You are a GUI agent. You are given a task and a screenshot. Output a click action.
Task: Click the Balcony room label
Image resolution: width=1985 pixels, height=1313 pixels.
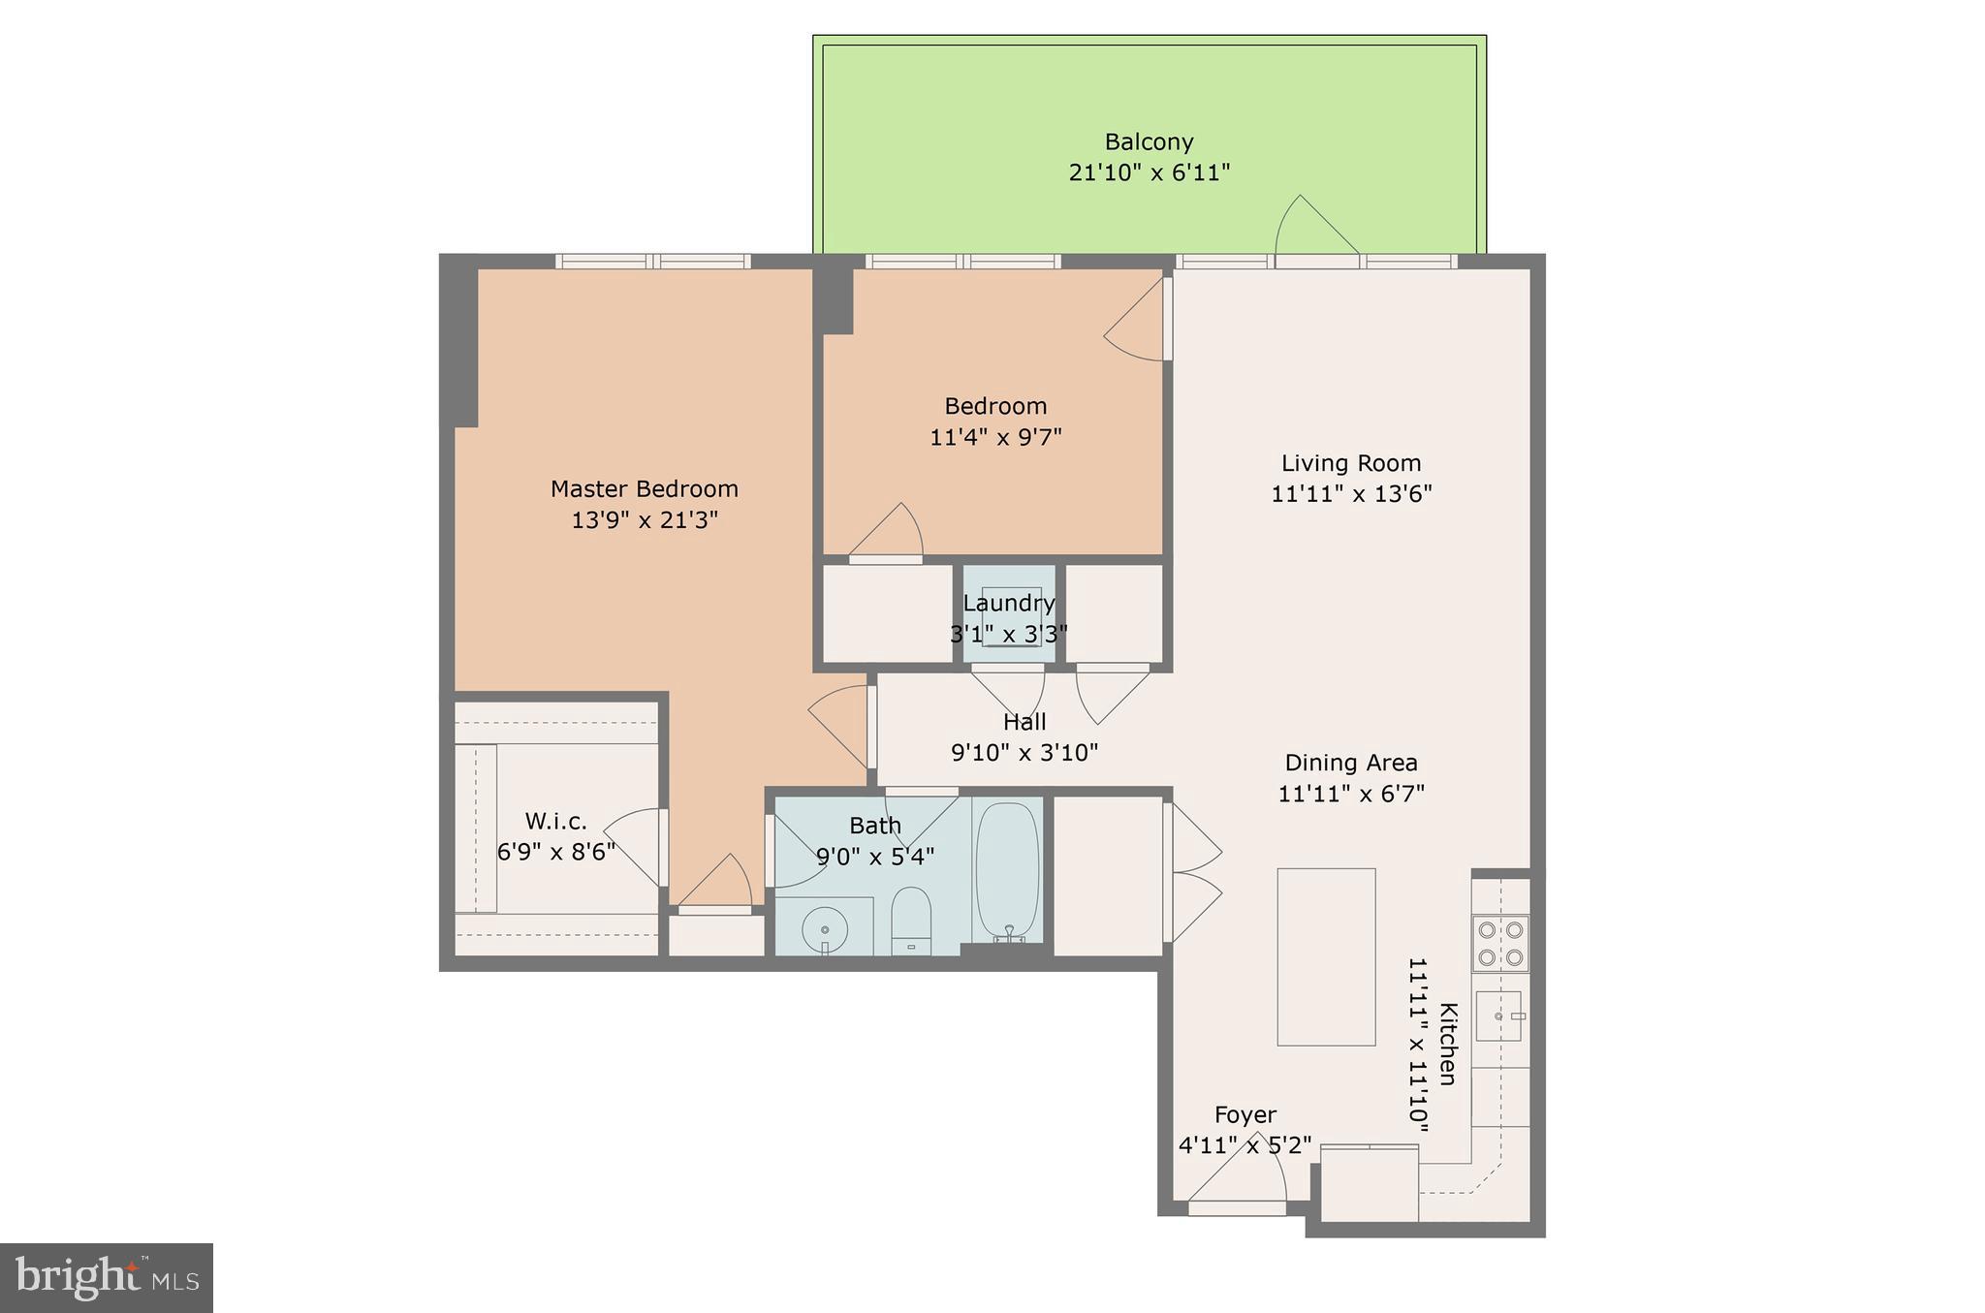pos(1149,142)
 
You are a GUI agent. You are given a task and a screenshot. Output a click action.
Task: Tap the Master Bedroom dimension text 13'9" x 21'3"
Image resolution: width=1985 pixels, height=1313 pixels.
pos(645,520)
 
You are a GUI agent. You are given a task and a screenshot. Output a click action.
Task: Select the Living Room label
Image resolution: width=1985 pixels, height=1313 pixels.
pos(1351,463)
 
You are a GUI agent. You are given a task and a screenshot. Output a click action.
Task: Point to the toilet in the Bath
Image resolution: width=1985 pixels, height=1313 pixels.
pos(911,921)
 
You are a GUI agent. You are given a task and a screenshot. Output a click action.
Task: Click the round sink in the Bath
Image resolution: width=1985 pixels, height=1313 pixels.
pos(825,930)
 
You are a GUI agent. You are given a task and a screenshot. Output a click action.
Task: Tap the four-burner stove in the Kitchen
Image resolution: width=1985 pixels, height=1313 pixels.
pos(1500,944)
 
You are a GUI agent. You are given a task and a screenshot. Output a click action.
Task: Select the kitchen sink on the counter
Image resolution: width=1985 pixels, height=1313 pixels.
pos(1498,1016)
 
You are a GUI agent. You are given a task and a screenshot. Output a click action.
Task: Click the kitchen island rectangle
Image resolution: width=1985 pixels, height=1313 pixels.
pos(1326,956)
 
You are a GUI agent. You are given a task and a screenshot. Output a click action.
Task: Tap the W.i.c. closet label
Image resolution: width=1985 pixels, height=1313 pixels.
pos(556,822)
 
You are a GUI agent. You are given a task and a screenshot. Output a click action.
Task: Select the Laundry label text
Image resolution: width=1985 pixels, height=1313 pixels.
pos(1009,604)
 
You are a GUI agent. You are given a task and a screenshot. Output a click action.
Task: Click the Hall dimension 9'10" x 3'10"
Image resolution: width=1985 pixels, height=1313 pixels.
pos(1024,753)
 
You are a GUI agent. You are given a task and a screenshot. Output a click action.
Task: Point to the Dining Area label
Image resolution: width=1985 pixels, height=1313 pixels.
pos(1351,763)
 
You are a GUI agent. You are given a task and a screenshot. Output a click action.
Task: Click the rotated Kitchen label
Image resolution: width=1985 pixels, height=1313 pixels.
pos(1447,1044)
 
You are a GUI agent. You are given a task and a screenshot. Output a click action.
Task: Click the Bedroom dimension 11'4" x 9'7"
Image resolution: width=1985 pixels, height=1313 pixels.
pos(995,437)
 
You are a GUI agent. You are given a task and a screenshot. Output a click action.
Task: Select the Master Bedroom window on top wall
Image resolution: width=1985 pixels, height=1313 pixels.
pos(653,261)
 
